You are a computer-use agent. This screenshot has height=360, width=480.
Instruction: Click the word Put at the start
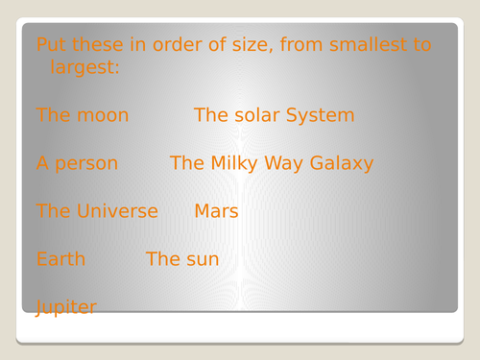tap(51, 45)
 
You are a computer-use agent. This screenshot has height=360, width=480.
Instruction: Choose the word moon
tap(101, 116)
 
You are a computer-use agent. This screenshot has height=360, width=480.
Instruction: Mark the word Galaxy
tap(342, 164)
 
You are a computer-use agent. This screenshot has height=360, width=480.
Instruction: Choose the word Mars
tap(216, 211)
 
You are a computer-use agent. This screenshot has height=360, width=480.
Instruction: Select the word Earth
tap(60, 259)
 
